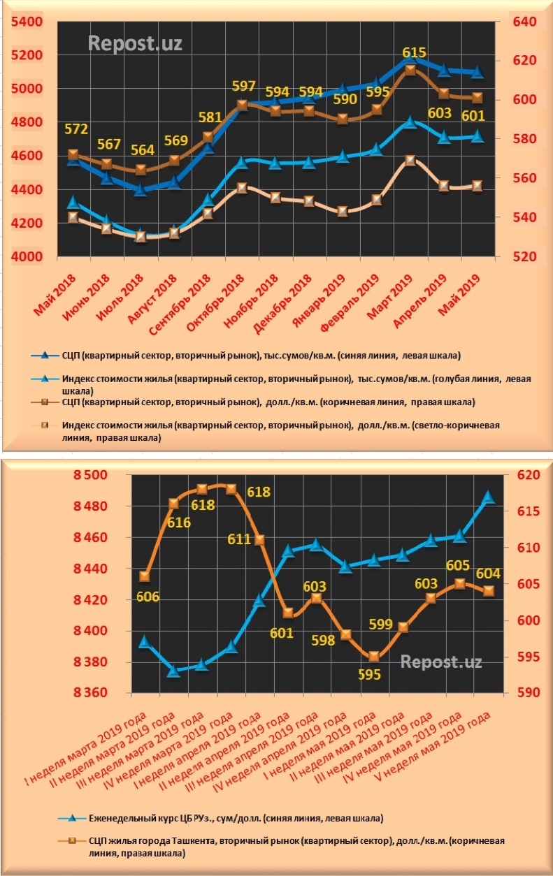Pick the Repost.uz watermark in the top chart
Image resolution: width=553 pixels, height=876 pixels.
[135, 43]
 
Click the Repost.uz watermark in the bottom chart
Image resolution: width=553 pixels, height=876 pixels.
[441, 662]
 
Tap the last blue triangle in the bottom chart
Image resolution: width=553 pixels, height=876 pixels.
[488, 497]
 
